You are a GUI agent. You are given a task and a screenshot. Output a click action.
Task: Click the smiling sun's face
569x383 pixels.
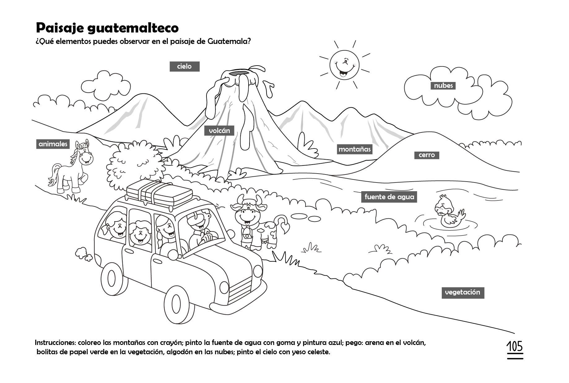pyautogui.click(x=344, y=65)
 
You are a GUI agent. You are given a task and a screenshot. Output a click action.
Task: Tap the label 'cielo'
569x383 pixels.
pyautogui.click(x=185, y=67)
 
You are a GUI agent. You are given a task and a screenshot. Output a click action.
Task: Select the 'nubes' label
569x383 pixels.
pyautogui.click(x=443, y=86)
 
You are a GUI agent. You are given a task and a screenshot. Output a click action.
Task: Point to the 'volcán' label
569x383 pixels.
pyautogui.click(x=219, y=131)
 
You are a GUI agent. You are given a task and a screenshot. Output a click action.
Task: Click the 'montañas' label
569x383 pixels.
pyautogui.click(x=354, y=149)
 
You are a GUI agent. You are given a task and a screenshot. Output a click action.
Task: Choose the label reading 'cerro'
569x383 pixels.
pyautogui.click(x=427, y=155)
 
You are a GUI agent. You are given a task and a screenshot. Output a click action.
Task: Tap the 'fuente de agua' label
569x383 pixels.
pyautogui.click(x=389, y=197)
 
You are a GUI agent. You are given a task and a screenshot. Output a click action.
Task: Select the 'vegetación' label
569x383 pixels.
pyautogui.click(x=463, y=292)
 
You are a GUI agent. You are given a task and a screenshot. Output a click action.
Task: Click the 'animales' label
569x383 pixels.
pyautogui.click(x=53, y=144)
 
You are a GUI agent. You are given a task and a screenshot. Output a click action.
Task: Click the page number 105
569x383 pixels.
pyautogui.click(x=515, y=347)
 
